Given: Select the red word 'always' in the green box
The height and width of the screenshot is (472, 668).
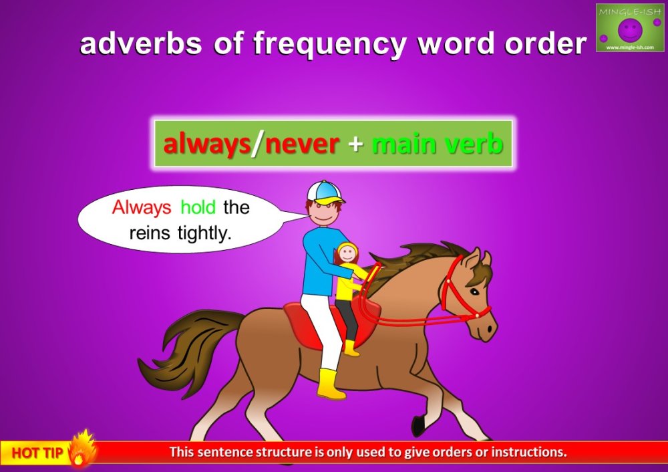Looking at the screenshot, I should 206,144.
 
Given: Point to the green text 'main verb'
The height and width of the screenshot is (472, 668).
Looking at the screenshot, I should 437,144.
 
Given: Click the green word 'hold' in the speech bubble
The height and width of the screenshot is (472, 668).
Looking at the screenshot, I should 198,207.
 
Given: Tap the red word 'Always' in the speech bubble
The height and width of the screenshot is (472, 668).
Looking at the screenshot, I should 142,207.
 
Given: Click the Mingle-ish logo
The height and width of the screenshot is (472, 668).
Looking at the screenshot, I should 630,27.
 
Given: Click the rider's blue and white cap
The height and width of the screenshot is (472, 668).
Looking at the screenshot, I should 324,193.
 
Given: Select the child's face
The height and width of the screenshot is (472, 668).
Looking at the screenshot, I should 347,254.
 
